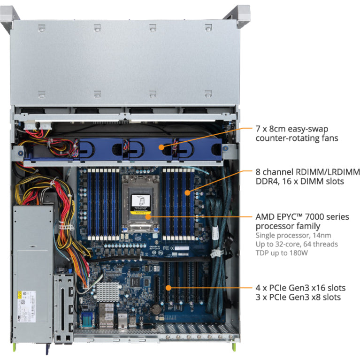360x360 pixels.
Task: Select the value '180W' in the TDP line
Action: pos(299,253)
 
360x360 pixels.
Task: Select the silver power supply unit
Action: pos(32,272)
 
